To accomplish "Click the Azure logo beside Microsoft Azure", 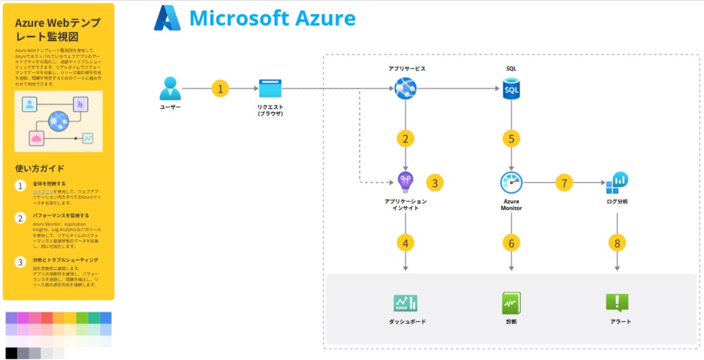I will (x=167, y=18).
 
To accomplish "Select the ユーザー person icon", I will (x=170, y=88).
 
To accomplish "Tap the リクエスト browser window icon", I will (x=270, y=88).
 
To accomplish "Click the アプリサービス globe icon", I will (x=405, y=89).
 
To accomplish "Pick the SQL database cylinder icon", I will (x=511, y=89).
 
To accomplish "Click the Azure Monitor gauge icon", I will (x=511, y=182).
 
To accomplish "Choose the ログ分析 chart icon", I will (x=617, y=182).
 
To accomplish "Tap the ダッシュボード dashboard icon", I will (x=405, y=303).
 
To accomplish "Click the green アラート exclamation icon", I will (x=617, y=303).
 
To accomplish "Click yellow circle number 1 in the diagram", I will (x=220, y=89).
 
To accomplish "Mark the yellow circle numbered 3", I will (x=435, y=183).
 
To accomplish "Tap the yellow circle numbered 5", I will (x=511, y=139).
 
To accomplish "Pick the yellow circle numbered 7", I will (x=564, y=182).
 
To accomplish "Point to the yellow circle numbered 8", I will (x=617, y=243).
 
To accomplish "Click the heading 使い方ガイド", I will (x=40, y=168).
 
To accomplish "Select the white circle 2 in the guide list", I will (x=20, y=218).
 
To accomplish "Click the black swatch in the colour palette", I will (x=11, y=353).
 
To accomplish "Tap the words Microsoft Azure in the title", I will (x=272, y=18).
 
